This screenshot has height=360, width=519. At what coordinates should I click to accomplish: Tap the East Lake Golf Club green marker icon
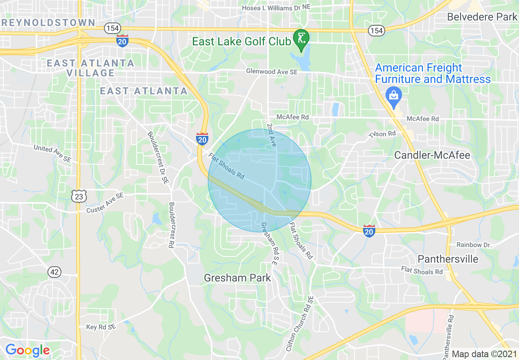pyautogui.click(x=302, y=39)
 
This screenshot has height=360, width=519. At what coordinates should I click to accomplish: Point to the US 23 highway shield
pyautogui.click(x=79, y=197)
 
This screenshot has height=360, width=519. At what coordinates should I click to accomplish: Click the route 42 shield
pyautogui.click(x=54, y=272)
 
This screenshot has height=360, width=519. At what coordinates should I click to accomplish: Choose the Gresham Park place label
pyautogui.click(x=237, y=278)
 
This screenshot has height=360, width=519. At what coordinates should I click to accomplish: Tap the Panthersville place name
pyautogui.click(x=448, y=259)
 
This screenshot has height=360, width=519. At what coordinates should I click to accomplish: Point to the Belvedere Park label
pyautogui.click(x=482, y=17)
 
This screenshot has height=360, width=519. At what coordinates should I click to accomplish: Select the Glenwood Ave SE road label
pyautogui.click(x=272, y=72)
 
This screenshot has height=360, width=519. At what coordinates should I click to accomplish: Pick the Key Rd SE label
pyautogui.click(x=101, y=327)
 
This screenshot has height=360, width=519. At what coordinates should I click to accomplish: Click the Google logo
pyautogui.click(x=27, y=350)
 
